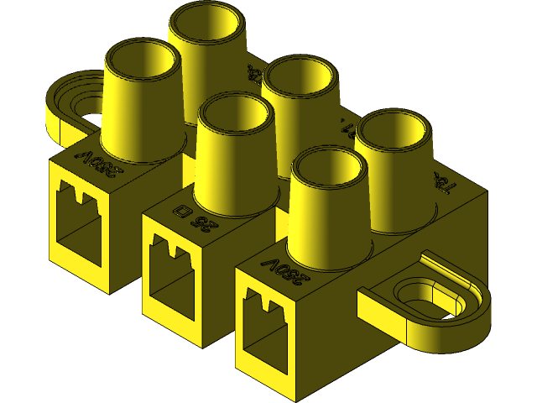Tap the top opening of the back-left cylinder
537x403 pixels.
click(x=207, y=26)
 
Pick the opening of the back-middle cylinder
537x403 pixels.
click(x=300, y=82)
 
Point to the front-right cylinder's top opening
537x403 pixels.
click(x=328, y=171)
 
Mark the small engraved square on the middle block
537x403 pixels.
click(x=180, y=209)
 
